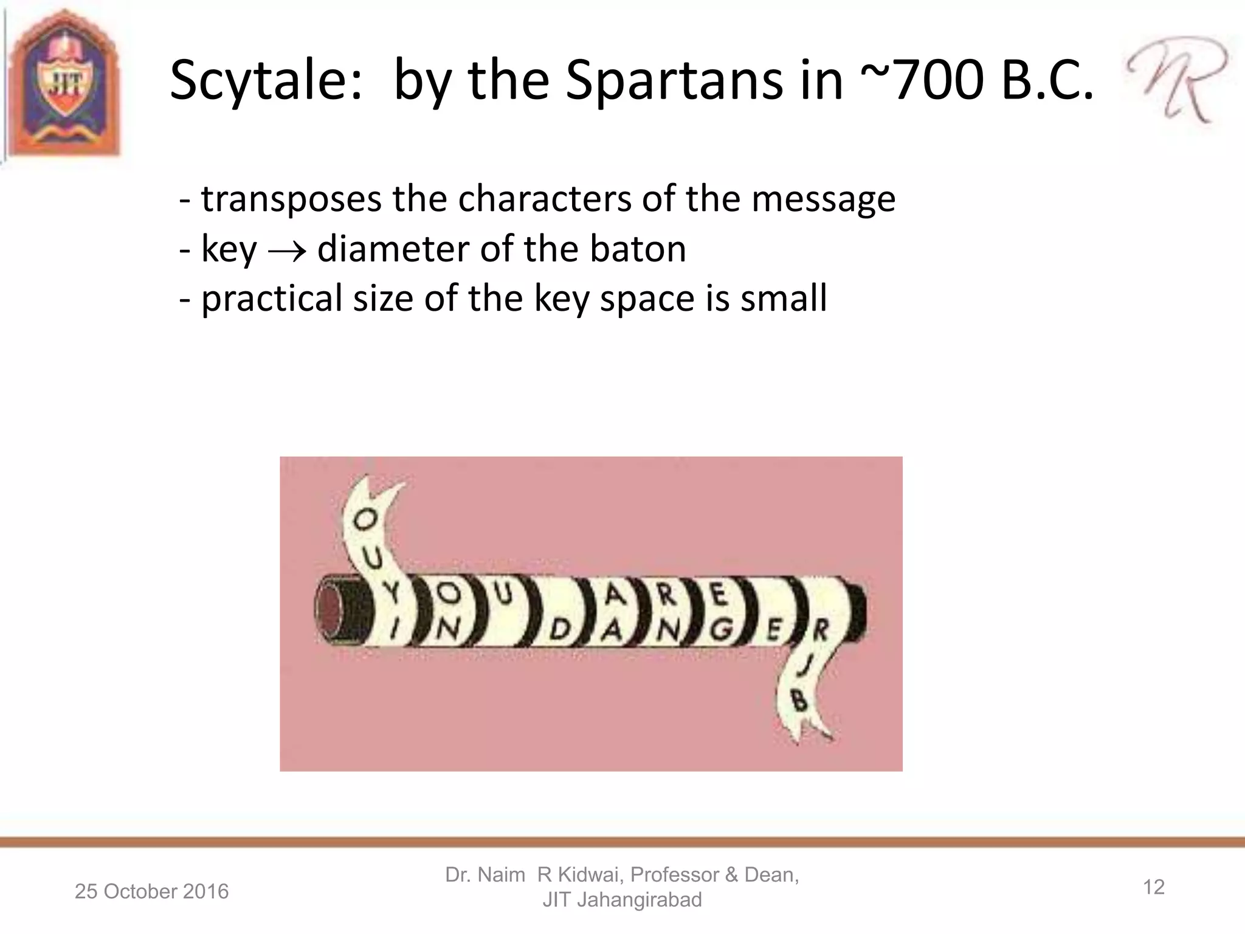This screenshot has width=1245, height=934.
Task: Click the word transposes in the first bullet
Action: coord(291,199)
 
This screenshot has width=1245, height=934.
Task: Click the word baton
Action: coord(637,249)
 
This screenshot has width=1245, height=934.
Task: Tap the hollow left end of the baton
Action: coord(330,610)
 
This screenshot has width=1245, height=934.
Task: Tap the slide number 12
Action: coord(1153,887)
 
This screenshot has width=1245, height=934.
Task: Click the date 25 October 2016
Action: coord(151,891)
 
